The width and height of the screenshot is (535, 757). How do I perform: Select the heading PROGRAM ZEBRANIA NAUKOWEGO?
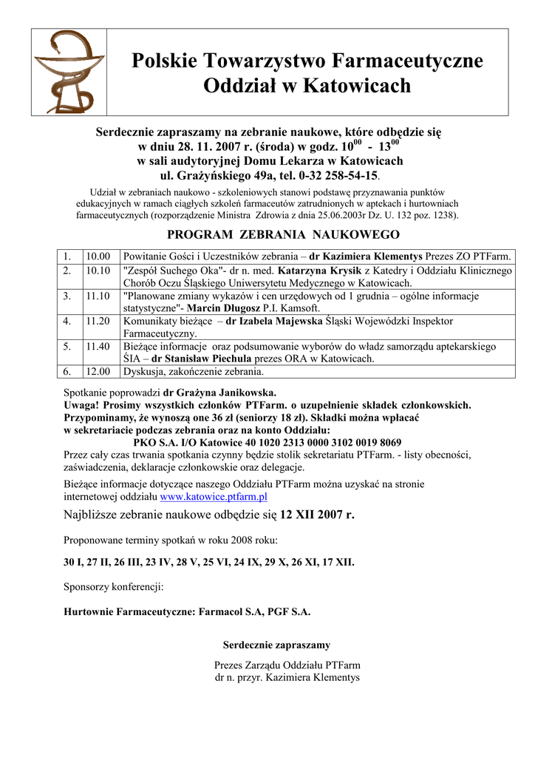(x=284, y=235)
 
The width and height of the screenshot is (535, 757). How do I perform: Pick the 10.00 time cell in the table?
(x=98, y=257)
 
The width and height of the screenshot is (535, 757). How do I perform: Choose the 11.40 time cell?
(x=98, y=346)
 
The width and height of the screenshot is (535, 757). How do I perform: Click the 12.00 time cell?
(x=98, y=371)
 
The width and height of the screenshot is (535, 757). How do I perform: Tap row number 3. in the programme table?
(x=67, y=296)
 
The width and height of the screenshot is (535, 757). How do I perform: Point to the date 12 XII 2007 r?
(x=317, y=515)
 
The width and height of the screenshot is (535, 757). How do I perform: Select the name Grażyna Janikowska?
(x=219, y=393)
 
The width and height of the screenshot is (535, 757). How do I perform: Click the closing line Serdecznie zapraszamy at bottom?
(x=276, y=645)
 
